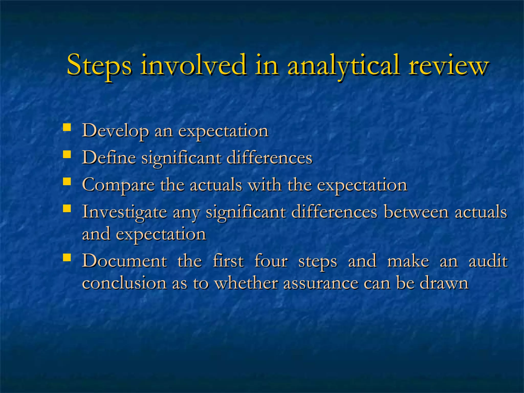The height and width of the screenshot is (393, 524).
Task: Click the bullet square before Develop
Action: coord(67,127)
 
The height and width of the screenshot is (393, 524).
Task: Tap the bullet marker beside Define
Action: coord(67,154)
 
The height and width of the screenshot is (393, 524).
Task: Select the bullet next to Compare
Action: coord(67,181)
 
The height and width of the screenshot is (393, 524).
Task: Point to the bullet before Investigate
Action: coord(67,208)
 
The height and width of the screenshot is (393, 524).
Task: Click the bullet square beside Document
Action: coord(67,257)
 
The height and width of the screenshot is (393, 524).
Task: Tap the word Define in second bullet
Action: coord(109,158)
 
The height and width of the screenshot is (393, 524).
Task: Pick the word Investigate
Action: coord(124,213)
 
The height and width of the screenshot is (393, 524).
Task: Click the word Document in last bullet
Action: coord(125,261)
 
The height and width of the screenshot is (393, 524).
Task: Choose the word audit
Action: coord(488,261)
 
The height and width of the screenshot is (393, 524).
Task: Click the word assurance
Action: coord(321,283)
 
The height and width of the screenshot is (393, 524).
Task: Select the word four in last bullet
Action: coord(271,261)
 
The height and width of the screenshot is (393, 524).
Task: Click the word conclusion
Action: coord(124,283)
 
